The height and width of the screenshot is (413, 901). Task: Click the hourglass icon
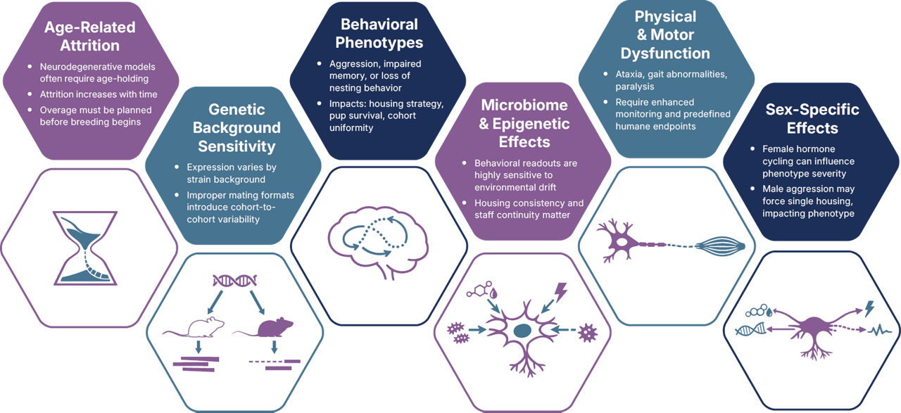point(85,248)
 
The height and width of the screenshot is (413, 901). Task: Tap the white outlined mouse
point(194,327)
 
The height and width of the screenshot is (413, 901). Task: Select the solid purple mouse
point(264,327)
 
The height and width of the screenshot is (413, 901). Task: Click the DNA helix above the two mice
point(235,280)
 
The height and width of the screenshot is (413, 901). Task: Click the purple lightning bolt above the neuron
point(561,292)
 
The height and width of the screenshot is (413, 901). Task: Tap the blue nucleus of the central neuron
point(522,331)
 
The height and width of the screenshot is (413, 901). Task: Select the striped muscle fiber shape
point(720,246)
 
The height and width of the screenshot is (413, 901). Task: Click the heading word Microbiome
point(524,105)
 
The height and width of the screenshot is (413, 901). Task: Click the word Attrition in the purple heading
point(89,46)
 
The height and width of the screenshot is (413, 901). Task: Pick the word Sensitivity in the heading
point(237,146)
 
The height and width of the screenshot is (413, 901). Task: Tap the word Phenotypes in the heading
point(379,43)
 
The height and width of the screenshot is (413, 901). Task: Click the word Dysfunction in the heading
point(665,53)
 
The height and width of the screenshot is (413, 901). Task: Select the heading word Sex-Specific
point(812,109)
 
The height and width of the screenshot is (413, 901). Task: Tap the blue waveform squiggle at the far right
point(879,331)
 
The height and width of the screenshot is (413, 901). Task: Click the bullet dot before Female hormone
point(752,148)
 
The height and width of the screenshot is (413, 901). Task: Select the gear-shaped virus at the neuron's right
point(588,333)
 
